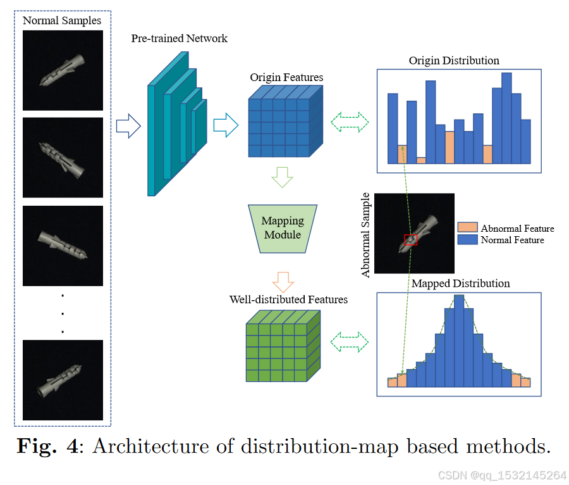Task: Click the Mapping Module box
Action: coord(283,229)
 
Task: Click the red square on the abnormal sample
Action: coord(411,240)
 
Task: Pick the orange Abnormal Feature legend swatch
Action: coord(467,228)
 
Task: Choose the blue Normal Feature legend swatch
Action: coord(467,240)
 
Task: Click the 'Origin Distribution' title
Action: coord(454,61)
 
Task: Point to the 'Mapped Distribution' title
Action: coord(460,283)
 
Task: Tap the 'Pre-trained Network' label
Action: coord(180,39)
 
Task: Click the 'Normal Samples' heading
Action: coord(62,21)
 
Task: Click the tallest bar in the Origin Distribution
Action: coord(506,118)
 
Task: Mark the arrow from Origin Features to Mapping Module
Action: coord(282,177)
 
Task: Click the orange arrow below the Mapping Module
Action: coord(282,279)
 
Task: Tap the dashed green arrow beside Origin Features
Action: coord(350,122)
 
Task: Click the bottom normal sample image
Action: coord(63,380)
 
